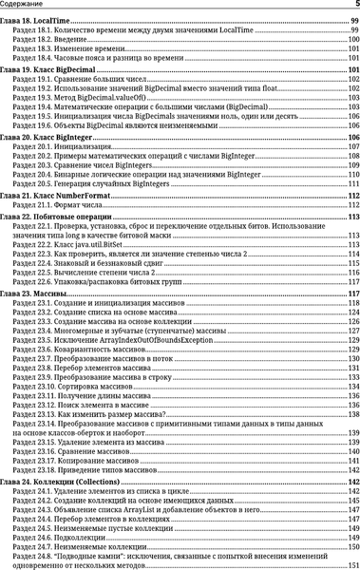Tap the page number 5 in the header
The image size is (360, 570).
click(354, 6)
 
